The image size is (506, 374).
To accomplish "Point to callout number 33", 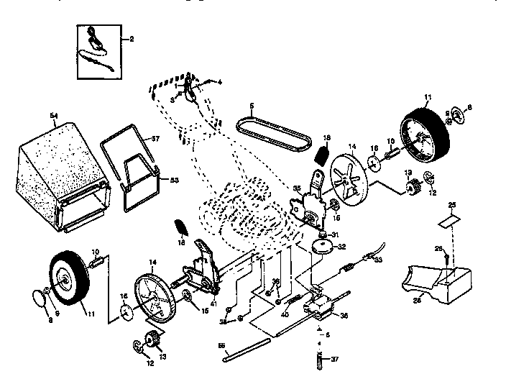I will pyautogui.click(x=378, y=260).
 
